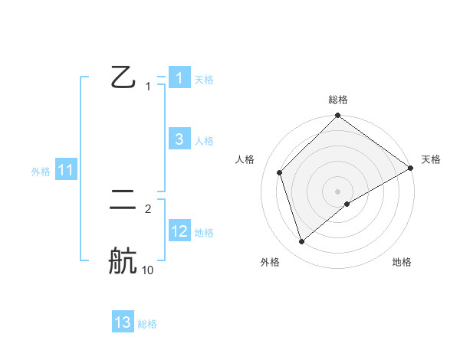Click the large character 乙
(x=123, y=77)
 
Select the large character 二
(x=123, y=201)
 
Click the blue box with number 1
(x=179, y=77)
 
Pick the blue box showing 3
(x=179, y=139)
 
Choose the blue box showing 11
(x=66, y=171)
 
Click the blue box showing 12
(x=179, y=231)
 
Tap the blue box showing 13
(x=123, y=322)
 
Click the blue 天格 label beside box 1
(x=204, y=79)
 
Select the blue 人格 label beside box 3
(x=204, y=141)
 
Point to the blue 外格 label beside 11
(x=41, y=172)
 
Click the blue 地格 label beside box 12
(x=204, y=233)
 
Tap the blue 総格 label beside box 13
(x=147, y=324)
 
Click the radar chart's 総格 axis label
(x=338, y=100)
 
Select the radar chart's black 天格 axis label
(x=431, y=159)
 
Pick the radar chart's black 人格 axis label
(x=245, y=159)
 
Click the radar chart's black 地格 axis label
(x=402, y=262)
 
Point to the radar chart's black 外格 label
(x=270, y=262)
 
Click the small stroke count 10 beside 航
(x=147, y=270)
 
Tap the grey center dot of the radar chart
(x=338, y=191)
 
